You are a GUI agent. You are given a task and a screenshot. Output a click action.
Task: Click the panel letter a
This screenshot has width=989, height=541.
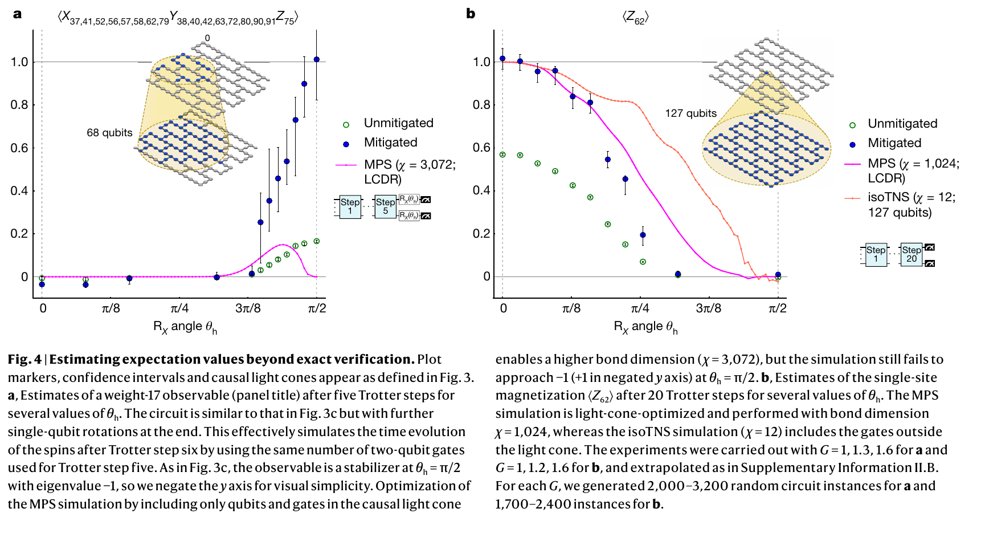pyautogui.click(x=17, y=14)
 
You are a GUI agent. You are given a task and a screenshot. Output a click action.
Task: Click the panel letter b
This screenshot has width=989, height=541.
pyautogui.click(x=471, y=14)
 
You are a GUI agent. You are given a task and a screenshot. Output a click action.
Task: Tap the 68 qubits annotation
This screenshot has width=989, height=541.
pyautogui.click(x=109, y=133)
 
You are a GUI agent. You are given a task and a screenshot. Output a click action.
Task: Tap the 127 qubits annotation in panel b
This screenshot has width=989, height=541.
pyautogui.click(x=690, y=113)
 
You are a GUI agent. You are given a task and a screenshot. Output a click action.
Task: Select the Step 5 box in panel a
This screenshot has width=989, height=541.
pyautogui.click(x=385, y=206)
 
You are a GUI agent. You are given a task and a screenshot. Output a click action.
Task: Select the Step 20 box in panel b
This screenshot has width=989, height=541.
pyautogui.click(x=911, y=254)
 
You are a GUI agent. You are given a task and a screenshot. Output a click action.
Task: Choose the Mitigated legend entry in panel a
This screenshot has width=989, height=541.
pyautogui.click(x=390, y=143)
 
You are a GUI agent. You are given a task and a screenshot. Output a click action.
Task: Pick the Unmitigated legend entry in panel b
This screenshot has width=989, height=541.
pyautogui.click(x=902, y=124)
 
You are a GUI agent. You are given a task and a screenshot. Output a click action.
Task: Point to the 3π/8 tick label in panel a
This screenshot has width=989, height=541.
pyautogui.click(x=248, y=308)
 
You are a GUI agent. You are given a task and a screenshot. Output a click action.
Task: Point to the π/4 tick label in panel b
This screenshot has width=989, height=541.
pyautogui.click(x=640, y=308)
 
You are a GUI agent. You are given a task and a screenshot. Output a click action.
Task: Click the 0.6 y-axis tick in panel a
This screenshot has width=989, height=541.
pyautogui.click(x=19, y=148)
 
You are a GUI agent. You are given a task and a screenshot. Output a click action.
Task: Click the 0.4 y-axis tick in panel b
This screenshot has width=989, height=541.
pyautogui.click(x=481, y=190)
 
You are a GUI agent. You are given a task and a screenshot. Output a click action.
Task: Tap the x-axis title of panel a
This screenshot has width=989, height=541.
pyautogui.click(x=185, y=327)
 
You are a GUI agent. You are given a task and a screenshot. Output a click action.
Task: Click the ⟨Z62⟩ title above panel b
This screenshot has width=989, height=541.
pyautogui.click(x=635, y=18)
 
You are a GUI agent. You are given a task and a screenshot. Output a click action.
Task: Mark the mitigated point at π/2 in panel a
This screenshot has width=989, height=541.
pyautogui.click(x=317, y=59)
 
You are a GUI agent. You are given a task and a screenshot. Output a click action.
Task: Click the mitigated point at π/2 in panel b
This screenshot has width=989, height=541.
pyautogui.click(x=778, y=275)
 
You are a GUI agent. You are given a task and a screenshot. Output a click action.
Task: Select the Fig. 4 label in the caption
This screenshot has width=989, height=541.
pyautogui.click(x=24, y=360)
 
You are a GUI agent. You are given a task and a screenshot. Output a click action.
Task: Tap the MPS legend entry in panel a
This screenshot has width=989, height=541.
pyautogui.click(x=410, y=172)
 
